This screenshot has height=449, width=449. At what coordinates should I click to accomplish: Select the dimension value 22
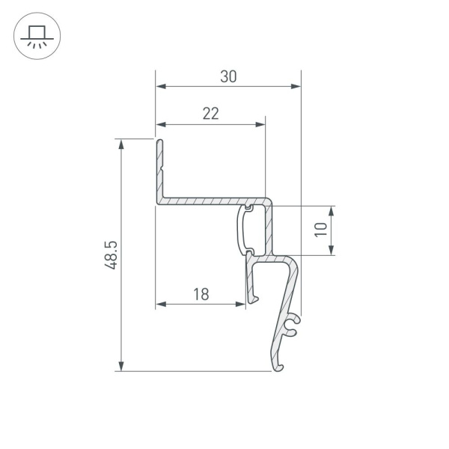coord(210,114)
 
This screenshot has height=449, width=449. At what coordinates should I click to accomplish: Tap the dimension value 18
coord(200,294)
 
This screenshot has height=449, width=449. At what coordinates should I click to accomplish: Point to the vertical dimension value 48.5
coord(111,254)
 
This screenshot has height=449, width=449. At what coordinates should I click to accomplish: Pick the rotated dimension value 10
coord(321,230)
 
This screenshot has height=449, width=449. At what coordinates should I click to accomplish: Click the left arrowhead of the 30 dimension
coord(159,87)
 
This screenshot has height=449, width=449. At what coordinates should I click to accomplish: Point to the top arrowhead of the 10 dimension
coord(331,209)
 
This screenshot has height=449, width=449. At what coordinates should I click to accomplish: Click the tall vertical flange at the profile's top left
coord(159,168)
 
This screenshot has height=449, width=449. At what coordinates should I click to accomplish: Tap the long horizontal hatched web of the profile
coord(202,201)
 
